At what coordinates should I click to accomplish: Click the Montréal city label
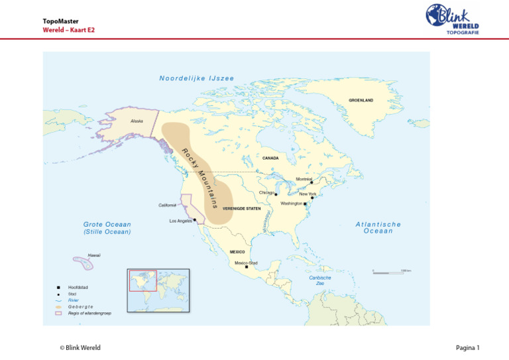coord(304,179)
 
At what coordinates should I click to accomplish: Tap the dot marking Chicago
coord(276,194)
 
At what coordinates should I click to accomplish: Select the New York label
coord(308,194)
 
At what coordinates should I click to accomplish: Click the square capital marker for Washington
coord(305,204)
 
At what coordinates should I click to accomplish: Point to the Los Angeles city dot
coord(195,220)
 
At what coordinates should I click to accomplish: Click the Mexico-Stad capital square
coord(247,267)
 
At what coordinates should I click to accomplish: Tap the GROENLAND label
coord(361,100)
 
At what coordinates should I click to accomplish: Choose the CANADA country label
coord(270,158)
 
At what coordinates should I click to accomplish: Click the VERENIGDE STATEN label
coord(241,208)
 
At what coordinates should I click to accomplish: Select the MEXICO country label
coord(237,252)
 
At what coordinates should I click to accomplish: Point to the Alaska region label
coord(137,121)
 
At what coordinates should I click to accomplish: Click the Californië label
coord(167,205)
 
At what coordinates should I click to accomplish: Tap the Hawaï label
coord(94,255)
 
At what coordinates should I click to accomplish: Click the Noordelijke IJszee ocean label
coord(196,78)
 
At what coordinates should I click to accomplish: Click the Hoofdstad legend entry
coord(78,287)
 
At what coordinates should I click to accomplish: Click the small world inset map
coord(158,290)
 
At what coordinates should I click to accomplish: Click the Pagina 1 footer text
coord(468,347)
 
